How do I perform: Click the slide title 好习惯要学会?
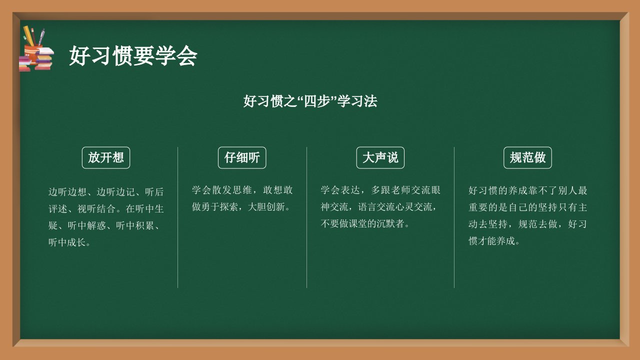133,55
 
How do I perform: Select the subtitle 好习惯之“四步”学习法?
310,101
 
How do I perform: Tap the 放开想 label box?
106,157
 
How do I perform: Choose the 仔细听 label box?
242,157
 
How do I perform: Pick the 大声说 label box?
380,157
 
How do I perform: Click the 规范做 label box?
527,157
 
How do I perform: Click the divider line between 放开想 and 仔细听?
177,217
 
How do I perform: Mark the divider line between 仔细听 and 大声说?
307,217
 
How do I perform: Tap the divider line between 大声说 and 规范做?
454,217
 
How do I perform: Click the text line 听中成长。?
69,242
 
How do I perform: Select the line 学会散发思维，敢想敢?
242,190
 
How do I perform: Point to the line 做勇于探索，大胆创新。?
241,206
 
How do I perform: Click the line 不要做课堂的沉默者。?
365,223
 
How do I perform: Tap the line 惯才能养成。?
494,241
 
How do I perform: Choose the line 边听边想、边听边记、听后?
106,191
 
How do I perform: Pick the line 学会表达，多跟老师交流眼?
380,190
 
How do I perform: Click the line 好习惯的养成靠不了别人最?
527,190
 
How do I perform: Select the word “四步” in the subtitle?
317,101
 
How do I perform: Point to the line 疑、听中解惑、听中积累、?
104,225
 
